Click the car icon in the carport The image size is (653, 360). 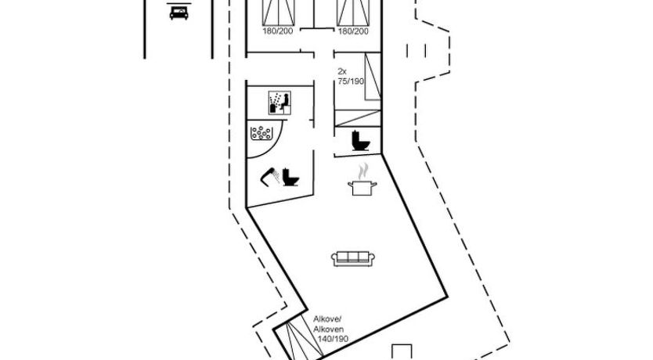(x=179, y=12)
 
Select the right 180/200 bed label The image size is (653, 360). (x=352, y=31)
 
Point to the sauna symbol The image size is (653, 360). (x=279, y=103)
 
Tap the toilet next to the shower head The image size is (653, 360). (x=290, y=177)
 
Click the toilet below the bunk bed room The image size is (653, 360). (x=360, y=141)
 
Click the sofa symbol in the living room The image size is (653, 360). (x=350, y=258)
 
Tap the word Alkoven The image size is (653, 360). (x=328, y=330)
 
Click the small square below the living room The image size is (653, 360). (x=403, y=351)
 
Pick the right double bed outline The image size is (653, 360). (x=352, y=12)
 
